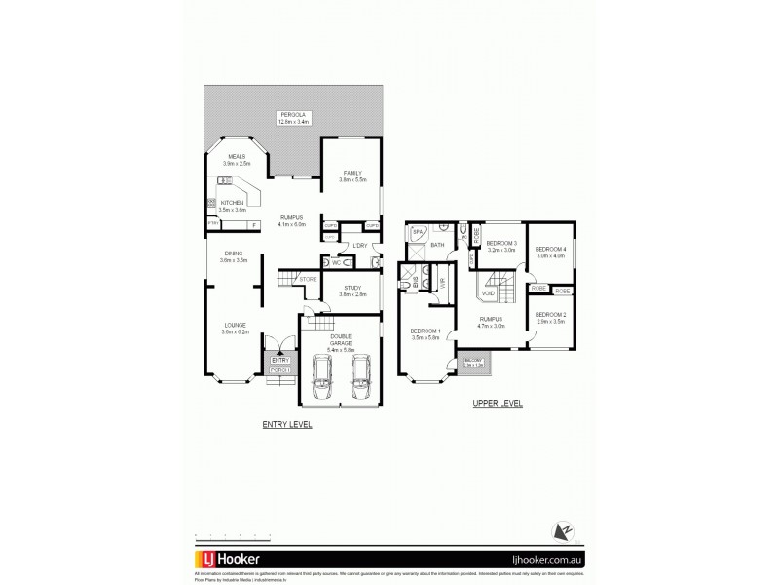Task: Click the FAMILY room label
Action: pyautogui.click(x=352, y=173)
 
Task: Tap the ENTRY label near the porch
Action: pyautogui.click(x=279, y=361)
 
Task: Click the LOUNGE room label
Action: pyautogui.click(x=235, y=325)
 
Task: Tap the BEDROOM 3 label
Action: pyautogui.click(x=501, y=244)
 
